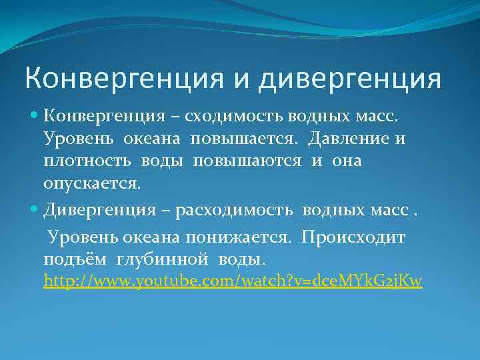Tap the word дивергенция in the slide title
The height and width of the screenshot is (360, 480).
(349, 78)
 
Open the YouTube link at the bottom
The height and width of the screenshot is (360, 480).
(233, 281)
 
